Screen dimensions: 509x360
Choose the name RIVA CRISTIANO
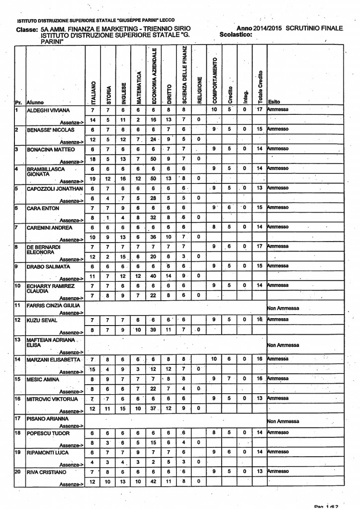click(x=47, y=471)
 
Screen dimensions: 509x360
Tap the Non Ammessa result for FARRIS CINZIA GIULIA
click(x=283, y=308)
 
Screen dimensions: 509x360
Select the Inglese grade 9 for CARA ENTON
click(x=123, y=208)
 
